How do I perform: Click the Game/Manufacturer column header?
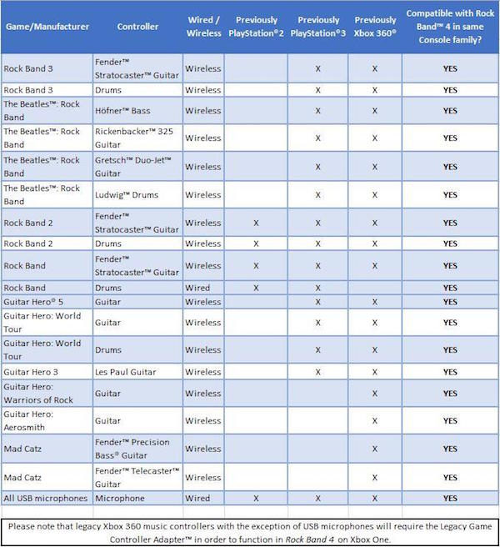tap(47, 27)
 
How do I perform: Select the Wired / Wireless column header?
tap(202, 27)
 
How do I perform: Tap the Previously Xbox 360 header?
tap(375, 27)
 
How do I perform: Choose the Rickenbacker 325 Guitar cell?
tap(137, 138)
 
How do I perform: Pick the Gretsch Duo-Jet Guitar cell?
tap(136, 167)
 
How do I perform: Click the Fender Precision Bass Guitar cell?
tap(137, 449)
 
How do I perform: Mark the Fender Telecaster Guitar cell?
tap(137, 477)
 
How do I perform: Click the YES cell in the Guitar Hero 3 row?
tap(450, 372)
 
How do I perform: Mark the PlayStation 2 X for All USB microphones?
tap(256, 499)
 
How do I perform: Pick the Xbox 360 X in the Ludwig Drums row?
tap(375, 195)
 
